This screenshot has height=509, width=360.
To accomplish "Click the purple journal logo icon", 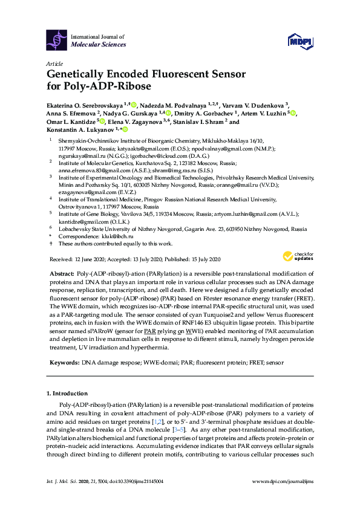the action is point(56,40).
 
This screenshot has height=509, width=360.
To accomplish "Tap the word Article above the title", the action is point(54,62).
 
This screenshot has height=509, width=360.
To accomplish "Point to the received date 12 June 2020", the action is point(90,259).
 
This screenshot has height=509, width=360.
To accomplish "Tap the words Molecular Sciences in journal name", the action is point(99,45).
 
